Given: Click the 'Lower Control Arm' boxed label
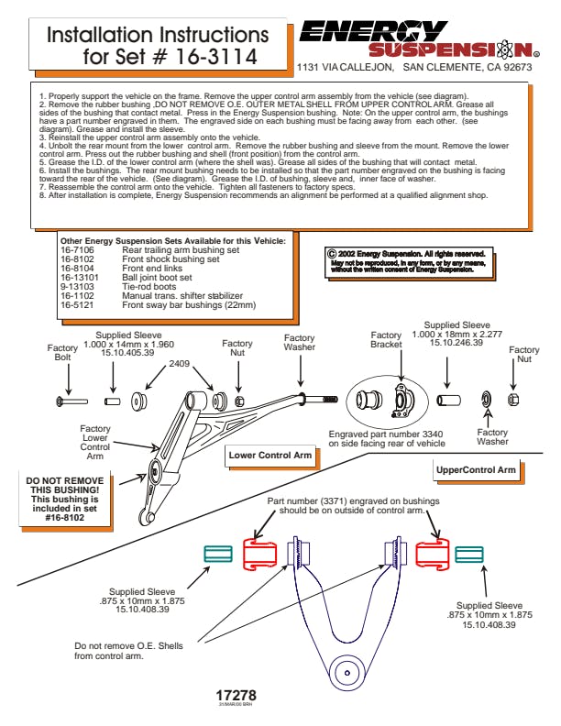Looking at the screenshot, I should point(270,455).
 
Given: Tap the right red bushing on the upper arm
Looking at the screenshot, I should point(430,555).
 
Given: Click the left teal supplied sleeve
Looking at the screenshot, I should point(217,554).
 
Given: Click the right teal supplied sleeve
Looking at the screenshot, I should point(468,555).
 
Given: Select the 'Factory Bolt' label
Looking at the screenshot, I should point(62,354).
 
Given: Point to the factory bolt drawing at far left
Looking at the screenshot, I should point(71,401).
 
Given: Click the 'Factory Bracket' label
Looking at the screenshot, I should point(386,342).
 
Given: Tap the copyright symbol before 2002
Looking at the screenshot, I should point(332,253).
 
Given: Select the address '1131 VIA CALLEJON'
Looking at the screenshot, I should point(345,67).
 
